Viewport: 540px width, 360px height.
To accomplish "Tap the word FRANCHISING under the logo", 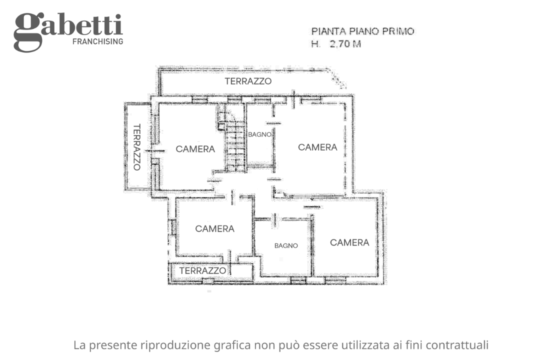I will point(98,41).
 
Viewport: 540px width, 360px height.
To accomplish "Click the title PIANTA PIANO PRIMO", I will point(362,31).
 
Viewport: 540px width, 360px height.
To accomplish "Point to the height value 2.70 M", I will point(344,44).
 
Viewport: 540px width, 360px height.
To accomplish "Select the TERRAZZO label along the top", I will point(248,81).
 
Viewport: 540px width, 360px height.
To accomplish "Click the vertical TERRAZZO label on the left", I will point(136,147).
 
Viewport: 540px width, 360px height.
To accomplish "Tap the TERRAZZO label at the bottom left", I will point(202,270).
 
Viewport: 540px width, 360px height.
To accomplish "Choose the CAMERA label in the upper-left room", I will point(195,149).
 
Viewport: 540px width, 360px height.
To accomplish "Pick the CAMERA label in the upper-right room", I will point(317,147).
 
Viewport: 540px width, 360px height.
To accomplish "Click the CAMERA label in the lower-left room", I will point(215,229).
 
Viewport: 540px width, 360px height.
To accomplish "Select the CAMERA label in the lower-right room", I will point(349,242).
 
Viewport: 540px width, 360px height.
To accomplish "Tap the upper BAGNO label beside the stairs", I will point(260,134).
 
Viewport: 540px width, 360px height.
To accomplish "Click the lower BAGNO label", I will point(286,245).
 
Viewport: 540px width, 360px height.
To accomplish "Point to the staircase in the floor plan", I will point(234,142).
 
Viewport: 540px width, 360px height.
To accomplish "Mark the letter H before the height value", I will point(315,44).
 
